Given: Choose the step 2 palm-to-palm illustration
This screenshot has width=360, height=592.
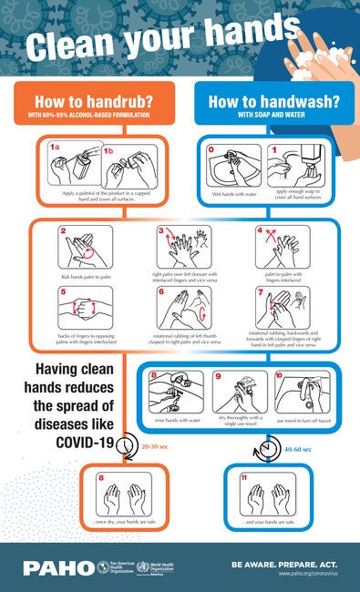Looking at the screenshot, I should click(x=85, y=246).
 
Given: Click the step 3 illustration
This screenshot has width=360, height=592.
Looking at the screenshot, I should click(x=182, y=246).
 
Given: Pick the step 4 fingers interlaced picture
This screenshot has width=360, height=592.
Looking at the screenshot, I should click(x=282, y=246).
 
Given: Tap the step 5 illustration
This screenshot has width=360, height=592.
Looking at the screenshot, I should click(x=85, y=308).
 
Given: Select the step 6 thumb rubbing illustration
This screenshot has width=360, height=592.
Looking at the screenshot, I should click(x=182, y=308).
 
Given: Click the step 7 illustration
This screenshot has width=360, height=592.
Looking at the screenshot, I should click(x=282, y=308).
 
